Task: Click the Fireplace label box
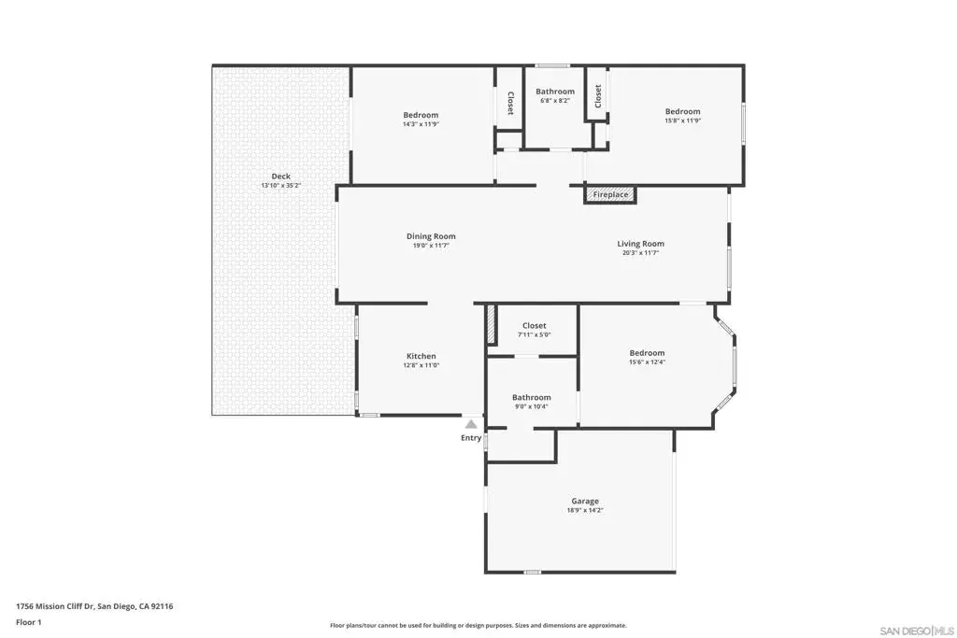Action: pos(610,194)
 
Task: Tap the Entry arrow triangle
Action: pos(471,424)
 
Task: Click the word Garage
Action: pos(585,502)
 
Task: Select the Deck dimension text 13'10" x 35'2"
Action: pos(280,186)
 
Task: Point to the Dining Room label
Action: pos(431,236)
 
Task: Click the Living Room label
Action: pos(640,244)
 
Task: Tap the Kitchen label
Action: pos(421,356)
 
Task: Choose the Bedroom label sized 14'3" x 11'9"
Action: pos(421,115)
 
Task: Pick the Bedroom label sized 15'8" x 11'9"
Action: pos(682,111)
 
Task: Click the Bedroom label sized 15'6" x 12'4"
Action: pos(647,353)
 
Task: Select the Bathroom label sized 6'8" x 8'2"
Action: pos(555,92)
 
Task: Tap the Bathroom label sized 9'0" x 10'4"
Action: pos(531,398)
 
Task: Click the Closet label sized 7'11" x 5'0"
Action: pos(534,326)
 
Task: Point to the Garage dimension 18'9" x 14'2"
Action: pos(585,511)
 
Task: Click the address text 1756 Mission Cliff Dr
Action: pos(55,606)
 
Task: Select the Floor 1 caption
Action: pos(29,622)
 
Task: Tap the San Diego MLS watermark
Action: pos(916,631)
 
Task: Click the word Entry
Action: pos(471,438)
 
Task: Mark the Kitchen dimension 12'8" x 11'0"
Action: pos(421,365)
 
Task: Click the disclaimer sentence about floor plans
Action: pos(478,625)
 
